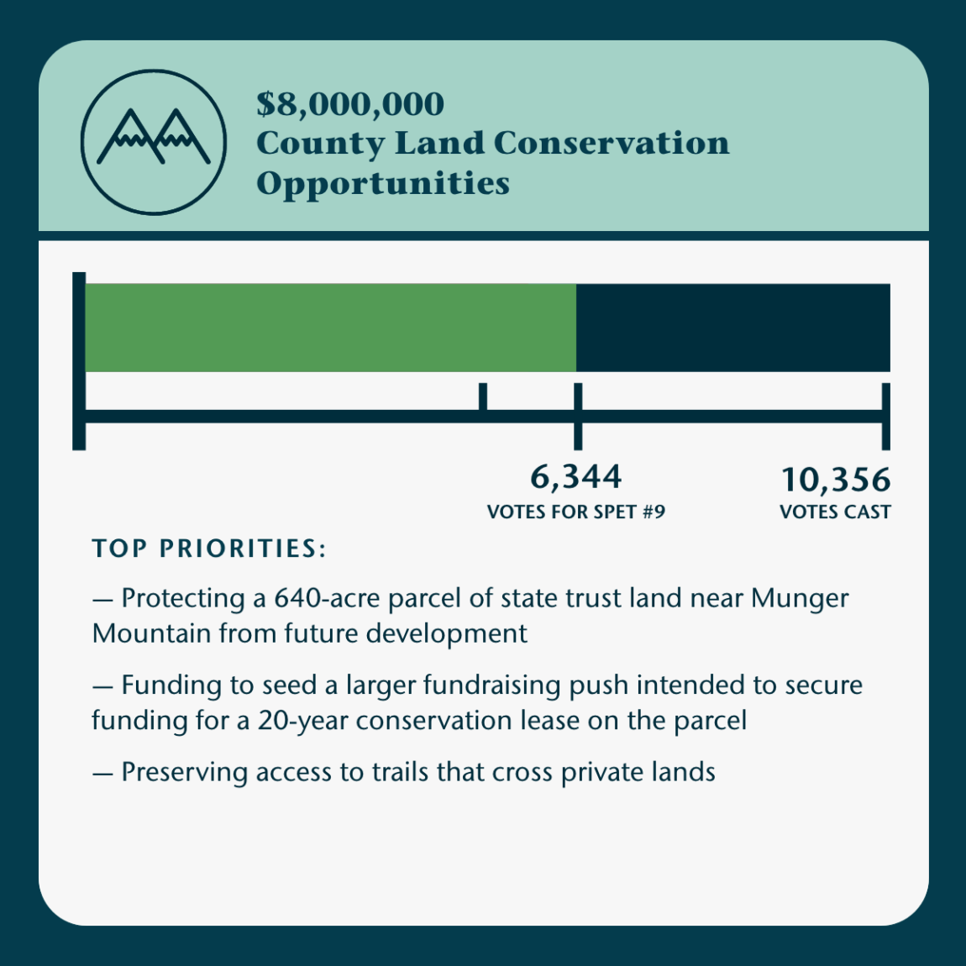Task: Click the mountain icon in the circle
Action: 154,140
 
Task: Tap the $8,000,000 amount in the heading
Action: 350,104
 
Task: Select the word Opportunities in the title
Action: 383,183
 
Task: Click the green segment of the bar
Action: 330,328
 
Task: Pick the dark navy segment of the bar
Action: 732,328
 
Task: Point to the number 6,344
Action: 576,477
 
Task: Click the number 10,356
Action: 836,480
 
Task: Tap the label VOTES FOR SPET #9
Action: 576,512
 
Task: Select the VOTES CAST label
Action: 835,512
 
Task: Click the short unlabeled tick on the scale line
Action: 483,396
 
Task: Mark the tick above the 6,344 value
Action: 577,415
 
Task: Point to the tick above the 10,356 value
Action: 885,415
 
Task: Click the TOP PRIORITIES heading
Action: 209,549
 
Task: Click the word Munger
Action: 800,598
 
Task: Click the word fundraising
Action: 492,685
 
